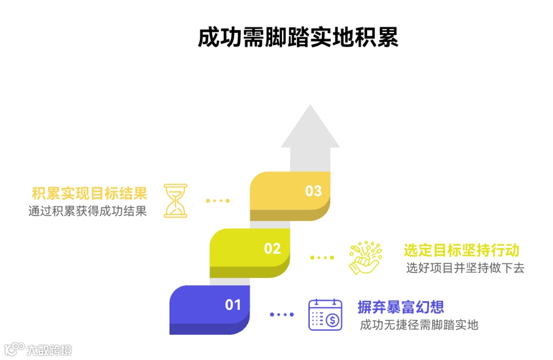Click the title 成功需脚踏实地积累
298,38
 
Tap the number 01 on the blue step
233,305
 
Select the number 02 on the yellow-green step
272,248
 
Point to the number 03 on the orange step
313,191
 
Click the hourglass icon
176,200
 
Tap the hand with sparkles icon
365,257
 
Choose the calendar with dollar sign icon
325,314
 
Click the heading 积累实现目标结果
90,194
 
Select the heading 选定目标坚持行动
461,250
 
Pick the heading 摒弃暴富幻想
400,307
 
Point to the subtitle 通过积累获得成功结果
88,211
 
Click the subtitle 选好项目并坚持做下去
465,267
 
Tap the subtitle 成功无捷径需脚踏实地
419,324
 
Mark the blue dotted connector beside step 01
282,314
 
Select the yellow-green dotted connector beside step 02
322,258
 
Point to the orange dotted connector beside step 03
218,201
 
